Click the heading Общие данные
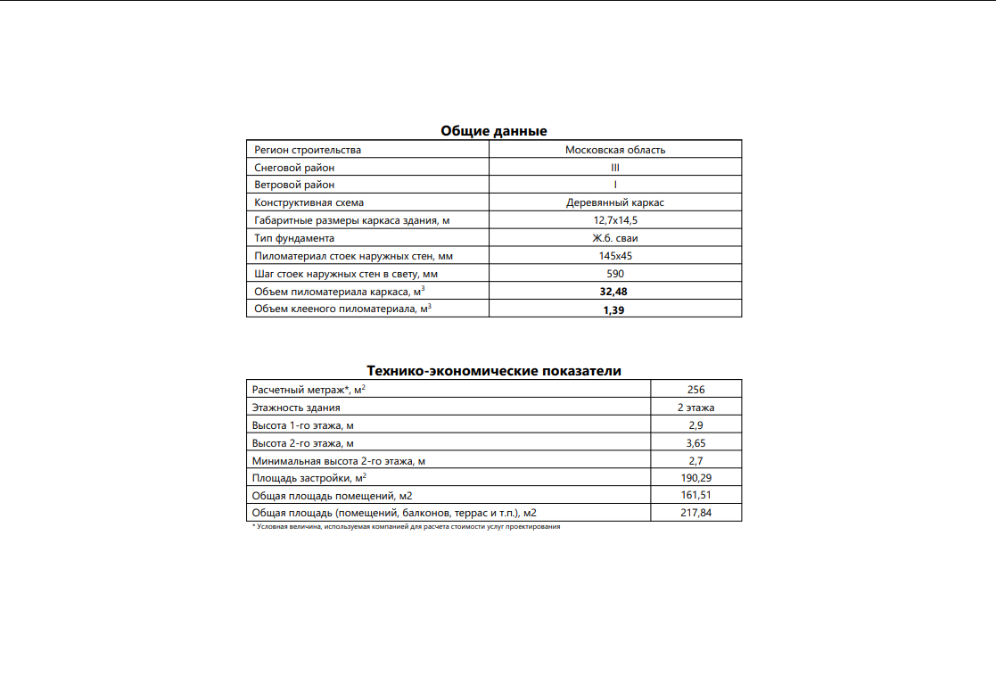tap(493, 131)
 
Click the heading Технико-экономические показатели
tap(493, 371)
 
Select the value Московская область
tap(615, 150)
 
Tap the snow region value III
tap(615, 168)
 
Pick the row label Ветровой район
tap(294, 185)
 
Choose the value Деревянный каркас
tap(615, 202)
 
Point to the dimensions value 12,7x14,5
tap(615, 220)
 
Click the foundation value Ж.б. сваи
tap(615, 238)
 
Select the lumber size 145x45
tap(615, 256)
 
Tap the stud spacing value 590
tap(615, 274)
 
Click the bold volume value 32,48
tap(615, 291)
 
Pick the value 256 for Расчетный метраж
tap(696, 390)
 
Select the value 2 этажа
tap(696, 408)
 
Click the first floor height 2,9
tap(696, 425)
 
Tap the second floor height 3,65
tap(696, 442)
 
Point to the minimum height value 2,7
tap(696, 460)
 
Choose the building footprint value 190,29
tap(696, 478)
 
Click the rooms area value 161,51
tap(696, 495)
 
